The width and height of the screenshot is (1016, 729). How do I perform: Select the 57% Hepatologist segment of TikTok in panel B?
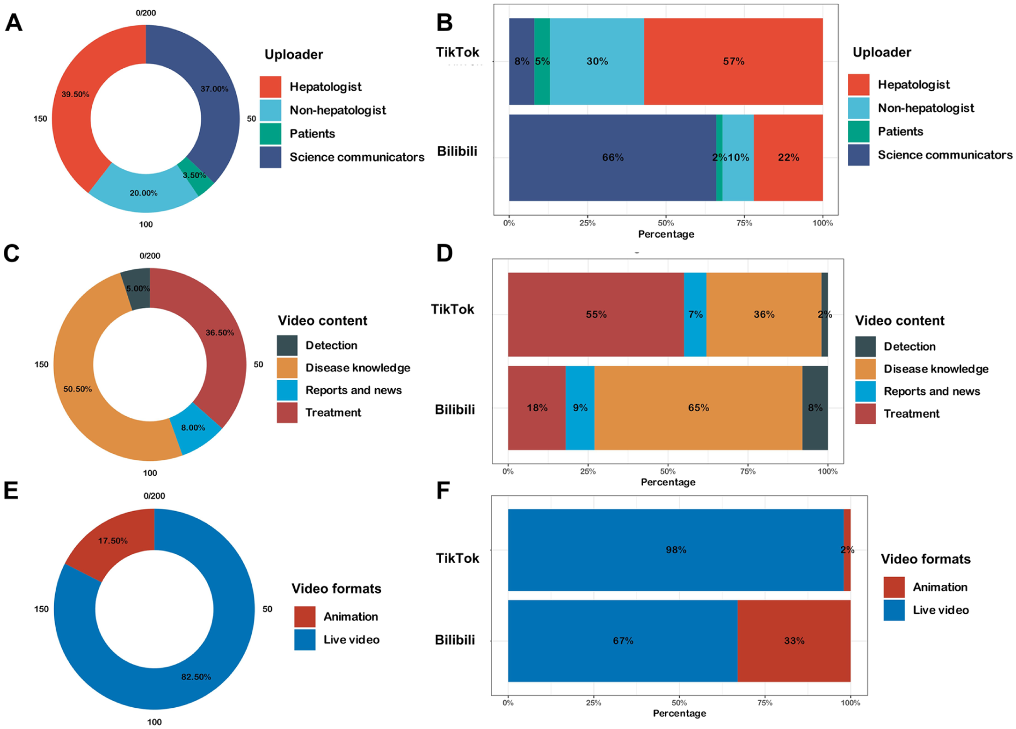point(733,61)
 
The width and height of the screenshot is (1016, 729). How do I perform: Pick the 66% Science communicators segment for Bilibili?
point(612,157)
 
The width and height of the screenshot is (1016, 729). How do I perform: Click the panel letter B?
point(445,23)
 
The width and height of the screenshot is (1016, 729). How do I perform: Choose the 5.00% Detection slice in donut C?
point(136,288)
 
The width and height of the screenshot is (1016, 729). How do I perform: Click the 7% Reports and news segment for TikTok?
point(695,315)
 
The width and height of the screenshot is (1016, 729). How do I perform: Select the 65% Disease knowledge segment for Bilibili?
point(698,408)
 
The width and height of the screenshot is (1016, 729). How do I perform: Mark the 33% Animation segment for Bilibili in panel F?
point(794,641)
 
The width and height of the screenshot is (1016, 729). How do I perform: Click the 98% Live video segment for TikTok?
point(676,550)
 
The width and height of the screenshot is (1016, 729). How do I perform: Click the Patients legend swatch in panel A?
point(270,134)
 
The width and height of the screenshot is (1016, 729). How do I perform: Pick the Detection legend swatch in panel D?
point(865,347)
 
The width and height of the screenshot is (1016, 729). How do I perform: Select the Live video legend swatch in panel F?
point(894,610)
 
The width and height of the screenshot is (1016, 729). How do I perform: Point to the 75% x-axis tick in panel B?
point(744,223)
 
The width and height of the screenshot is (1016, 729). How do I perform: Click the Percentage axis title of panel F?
point(679,713)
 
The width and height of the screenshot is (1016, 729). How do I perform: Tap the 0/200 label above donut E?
point(154,496)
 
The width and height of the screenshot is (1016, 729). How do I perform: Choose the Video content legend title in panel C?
point(323,321)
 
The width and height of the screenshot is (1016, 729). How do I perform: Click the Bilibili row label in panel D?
point(455,410)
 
